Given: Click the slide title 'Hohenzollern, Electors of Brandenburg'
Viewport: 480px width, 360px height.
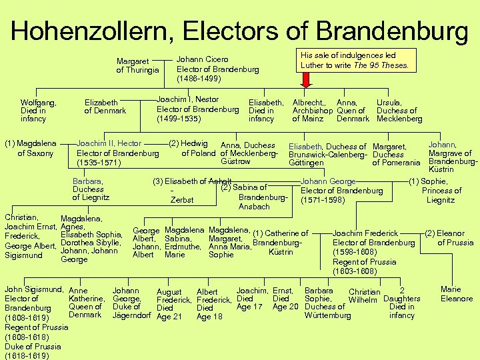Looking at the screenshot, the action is coord(239,30).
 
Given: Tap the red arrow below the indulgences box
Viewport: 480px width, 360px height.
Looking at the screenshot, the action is coord(307,80).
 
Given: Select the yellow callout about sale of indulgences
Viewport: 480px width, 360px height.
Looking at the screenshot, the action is coord(357,60).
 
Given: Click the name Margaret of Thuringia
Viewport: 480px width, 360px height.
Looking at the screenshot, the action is coord(137,65).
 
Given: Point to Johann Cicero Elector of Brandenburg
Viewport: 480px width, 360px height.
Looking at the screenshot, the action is coord(217,69).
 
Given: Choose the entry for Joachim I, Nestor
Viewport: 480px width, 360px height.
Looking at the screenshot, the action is coord(197,109).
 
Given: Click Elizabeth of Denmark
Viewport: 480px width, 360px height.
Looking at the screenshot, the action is coord(105,106).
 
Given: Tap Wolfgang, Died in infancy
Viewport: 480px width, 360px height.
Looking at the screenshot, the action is coord(38,110).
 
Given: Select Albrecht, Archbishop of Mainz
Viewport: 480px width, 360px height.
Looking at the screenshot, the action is coord(313,110).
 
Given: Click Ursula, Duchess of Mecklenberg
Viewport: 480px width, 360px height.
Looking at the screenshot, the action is coord(399,110).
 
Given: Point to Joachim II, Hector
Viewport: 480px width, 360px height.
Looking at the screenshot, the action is coord(117,153).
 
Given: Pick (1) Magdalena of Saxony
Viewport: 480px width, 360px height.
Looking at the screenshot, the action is coord(31,148).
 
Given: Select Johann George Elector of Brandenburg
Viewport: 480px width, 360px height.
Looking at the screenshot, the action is coord(342,190).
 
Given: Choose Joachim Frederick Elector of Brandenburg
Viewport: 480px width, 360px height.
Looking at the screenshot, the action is coord(373,252).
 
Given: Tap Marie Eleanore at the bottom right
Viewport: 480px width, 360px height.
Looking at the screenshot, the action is coord(457,294).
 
